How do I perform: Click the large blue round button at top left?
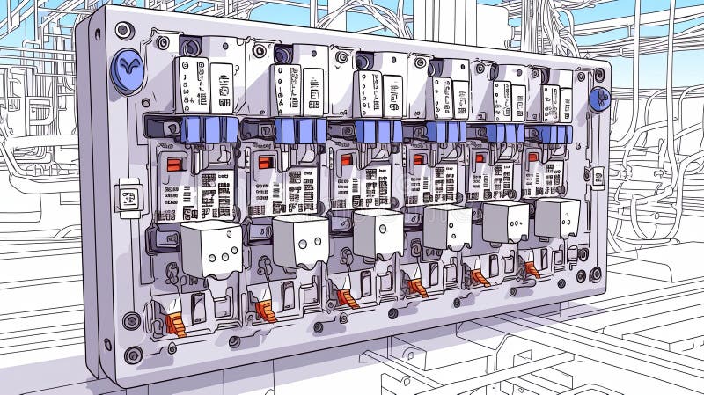(x=127, y=69)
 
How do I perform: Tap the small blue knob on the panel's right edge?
(x=600, y=99)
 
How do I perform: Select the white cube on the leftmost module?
(x=211, y=247)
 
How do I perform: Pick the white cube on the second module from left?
(x=300, y=239)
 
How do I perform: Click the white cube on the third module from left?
(x=378, y=233)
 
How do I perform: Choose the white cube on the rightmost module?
(x=557, y=217)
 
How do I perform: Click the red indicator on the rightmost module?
(x=532, y=157)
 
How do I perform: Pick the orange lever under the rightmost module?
(x=532, y=268)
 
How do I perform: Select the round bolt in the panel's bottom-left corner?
(x=133, y=355)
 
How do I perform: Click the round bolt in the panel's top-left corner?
(x=124, y=31)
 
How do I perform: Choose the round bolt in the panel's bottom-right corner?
(x=596, y=274)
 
